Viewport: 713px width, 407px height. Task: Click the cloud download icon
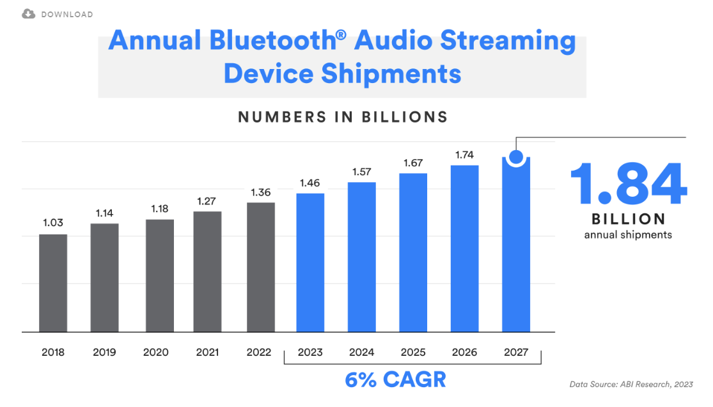pos(29,14)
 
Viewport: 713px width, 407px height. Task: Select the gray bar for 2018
pos(53,283)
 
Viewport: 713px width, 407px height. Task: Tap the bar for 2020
pos(160,276)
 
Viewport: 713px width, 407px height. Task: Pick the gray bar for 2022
pos(261,267)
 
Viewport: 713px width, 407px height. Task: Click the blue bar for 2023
pos(310,263)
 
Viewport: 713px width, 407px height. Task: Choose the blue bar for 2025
pos(413,252)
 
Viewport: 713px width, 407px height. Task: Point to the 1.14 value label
pos(104,213)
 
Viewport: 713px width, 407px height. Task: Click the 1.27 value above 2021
pos(207,201)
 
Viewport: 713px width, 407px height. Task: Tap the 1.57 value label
pos(362,172)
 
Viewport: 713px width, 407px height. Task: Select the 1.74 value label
pos(464,155)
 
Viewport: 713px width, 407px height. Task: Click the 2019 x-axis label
pos(105,352)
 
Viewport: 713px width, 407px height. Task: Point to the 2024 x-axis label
pos(361,352)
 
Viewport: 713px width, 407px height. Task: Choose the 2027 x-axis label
pos(516,352)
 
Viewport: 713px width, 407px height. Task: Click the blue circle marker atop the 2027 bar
pos(516,157)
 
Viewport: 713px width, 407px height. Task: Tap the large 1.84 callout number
pos(629,184)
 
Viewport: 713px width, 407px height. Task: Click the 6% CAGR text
pos(395,380)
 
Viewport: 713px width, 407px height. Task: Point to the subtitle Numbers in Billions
pos(343,117)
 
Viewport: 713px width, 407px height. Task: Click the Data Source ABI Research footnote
pos(631,384)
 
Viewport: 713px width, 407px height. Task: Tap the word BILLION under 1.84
pos(629,219)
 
